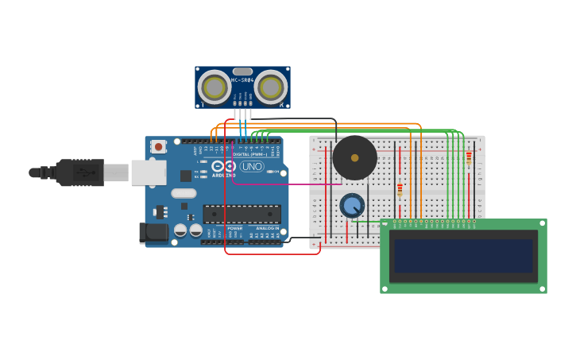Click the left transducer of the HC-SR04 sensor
point(215,87)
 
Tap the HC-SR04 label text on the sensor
point(242,80)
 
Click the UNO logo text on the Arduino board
point(252,167)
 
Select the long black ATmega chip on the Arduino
point(242,214)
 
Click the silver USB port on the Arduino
point(149,172)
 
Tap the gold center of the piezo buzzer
point(354,158)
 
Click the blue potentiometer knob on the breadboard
point(352,206)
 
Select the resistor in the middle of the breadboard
point(400,190)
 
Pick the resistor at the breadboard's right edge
point(469,158)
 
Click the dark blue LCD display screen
point(463,256)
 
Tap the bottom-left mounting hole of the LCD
point(385,288)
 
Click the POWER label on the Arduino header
point(235,228)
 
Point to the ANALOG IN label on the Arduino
point(267,228)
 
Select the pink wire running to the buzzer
point(286,184)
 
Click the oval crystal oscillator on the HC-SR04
point(243,72)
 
